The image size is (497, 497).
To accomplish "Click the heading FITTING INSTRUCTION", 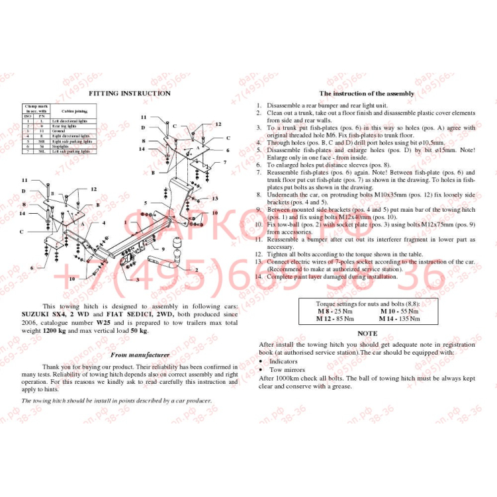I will coord(130,93).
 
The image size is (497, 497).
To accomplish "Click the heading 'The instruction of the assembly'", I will coord(367,94).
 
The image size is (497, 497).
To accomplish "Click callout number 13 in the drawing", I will coord(215,198).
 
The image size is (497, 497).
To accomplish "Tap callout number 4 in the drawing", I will coord(104,223).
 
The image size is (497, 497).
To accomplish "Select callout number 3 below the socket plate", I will coord(137,280).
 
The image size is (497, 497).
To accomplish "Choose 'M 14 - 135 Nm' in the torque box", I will coord(400,318).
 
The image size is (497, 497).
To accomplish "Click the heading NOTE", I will coord(367,334).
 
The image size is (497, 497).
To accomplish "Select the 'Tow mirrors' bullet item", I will coord(287,370).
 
